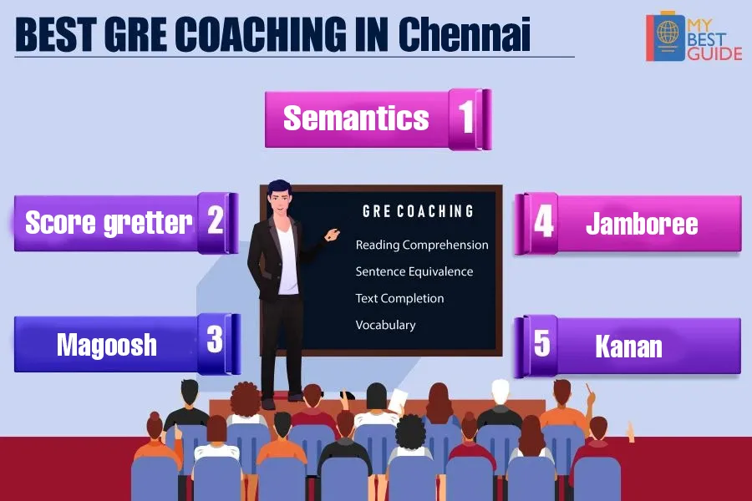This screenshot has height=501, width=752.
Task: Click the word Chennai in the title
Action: coord(465,33)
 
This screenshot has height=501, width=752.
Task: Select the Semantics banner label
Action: coord(356,118)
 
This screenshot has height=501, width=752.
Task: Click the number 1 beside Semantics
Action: coord(465,117)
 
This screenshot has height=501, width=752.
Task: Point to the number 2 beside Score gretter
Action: coord(216,220)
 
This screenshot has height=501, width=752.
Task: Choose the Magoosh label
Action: coord(107,345)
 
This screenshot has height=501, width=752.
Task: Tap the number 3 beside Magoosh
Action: coord(215,339)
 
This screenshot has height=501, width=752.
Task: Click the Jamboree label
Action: coord(642,224)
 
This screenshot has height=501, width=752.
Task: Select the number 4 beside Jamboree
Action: coord(543,221)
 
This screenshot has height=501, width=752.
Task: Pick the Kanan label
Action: coord(628,347)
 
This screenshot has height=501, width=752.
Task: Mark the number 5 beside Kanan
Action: coord(542,343)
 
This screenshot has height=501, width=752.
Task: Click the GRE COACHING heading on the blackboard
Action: coord(418,211)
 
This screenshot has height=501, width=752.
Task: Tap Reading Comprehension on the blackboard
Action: coord(422,245)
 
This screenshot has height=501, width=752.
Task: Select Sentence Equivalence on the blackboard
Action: coord(414,271)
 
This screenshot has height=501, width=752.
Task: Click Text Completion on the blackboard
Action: coord(399,298)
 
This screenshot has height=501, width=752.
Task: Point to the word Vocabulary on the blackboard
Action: coord(385,325)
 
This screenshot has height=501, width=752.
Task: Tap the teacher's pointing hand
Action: coord(332,235)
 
